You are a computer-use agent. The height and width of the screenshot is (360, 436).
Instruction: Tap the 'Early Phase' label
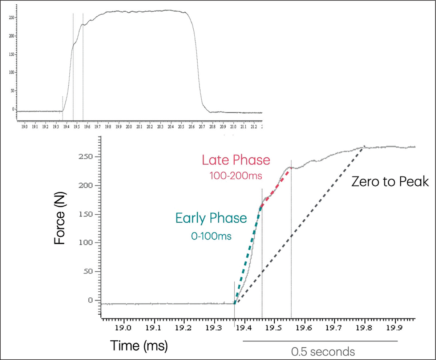211,219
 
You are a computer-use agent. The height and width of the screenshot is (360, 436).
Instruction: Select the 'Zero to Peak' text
391,182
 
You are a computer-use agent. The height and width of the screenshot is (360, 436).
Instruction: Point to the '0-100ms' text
211,235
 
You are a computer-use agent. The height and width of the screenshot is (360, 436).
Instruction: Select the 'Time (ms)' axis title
139,346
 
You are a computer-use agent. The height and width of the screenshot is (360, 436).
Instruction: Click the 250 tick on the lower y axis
86,157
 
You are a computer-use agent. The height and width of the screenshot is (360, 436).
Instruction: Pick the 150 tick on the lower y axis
86,214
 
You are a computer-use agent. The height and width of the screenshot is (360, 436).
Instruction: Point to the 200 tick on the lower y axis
86,186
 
